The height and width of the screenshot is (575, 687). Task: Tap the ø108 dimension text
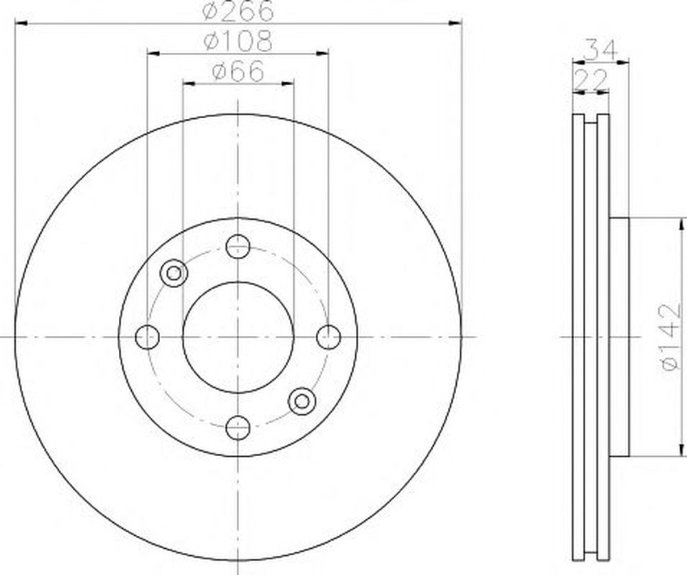click(238, 41)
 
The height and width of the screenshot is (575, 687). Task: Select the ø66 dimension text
click(238, 71)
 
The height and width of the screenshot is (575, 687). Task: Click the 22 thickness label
click(591, 79)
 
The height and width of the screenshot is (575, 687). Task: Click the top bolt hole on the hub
click(238, 247)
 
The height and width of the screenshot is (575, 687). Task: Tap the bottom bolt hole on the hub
click(238, 427)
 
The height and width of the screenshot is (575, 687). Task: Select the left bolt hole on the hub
click(148, 337)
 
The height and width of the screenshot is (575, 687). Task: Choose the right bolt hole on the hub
click(328, 337)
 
